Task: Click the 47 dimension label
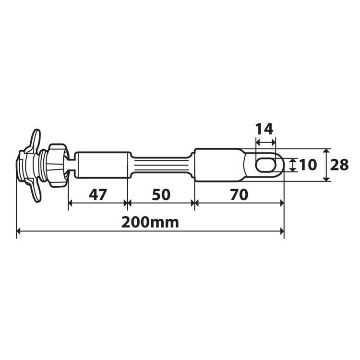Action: click(97, 195)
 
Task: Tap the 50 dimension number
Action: click(161, 195)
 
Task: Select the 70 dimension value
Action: click(239, 195)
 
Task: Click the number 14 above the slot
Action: click(264, 129)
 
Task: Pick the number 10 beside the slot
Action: click(308, 165)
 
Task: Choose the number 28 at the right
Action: click(339, 165)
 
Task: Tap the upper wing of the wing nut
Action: click(35, 140)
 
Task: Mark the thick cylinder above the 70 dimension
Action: click(218, 165)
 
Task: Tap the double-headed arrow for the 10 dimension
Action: click(291, 165)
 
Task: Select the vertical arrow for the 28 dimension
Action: click(326, 165)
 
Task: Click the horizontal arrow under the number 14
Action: click(265, 142)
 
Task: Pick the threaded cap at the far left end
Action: click(22, 166)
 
